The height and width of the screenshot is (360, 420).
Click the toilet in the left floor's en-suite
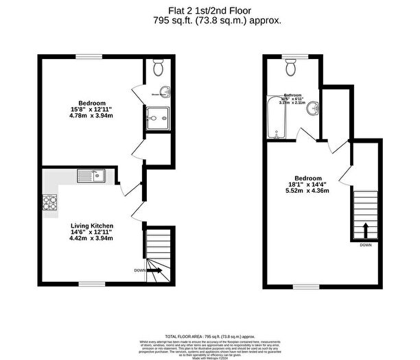coord(159,68)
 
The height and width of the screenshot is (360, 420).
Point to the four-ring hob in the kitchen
coord(50,203)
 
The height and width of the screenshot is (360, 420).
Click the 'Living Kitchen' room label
coord(92,225)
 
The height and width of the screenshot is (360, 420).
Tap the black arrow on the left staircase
coord(154,271)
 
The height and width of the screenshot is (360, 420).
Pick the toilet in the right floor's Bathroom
coord(290,67)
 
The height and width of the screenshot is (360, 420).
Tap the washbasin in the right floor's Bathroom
coord(313,107)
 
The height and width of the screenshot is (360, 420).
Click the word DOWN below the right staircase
coord(365,245)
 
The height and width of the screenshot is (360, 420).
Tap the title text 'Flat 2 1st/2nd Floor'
coord(209,10)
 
